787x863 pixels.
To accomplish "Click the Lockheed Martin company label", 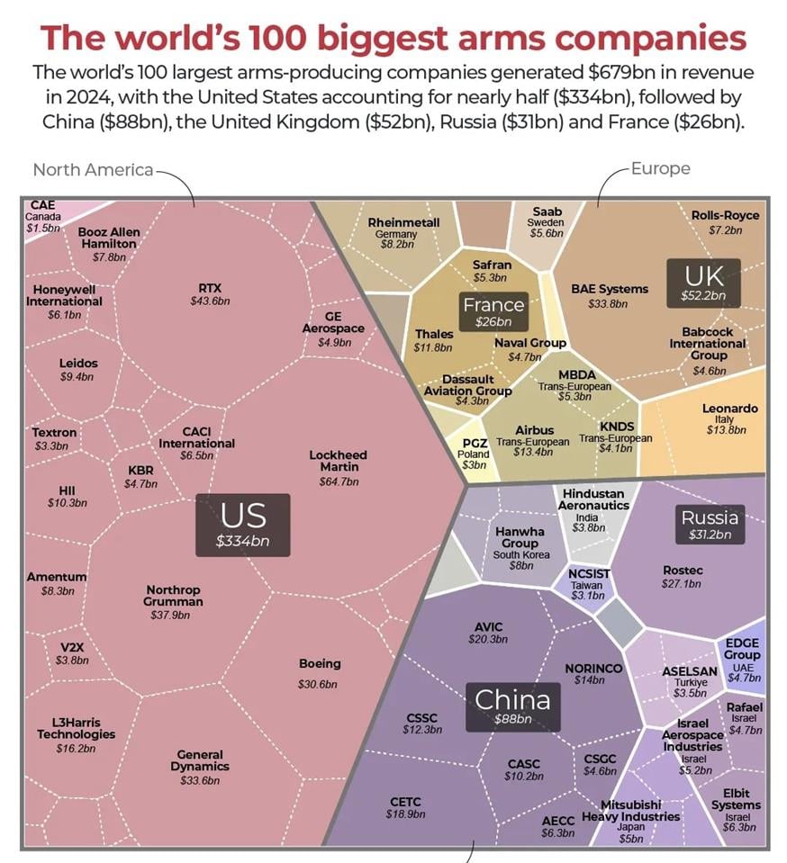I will point(339,461).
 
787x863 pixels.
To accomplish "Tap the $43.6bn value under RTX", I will point(210,301).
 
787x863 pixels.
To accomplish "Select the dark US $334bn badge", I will point(243,525).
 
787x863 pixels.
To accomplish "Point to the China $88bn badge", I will point(512,705).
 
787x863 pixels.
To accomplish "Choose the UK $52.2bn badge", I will point(703,283).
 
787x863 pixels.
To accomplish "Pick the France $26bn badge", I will point(493,311).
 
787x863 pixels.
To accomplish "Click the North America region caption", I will point(93,169).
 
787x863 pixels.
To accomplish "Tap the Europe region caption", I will point(660,168).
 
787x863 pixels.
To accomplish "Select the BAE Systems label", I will point(610,289).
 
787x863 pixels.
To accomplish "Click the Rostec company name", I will point(683,570).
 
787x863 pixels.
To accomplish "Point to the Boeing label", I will point(320,664).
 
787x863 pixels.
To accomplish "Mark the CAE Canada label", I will point(42,216).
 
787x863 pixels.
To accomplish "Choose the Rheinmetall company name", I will point(403,222).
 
